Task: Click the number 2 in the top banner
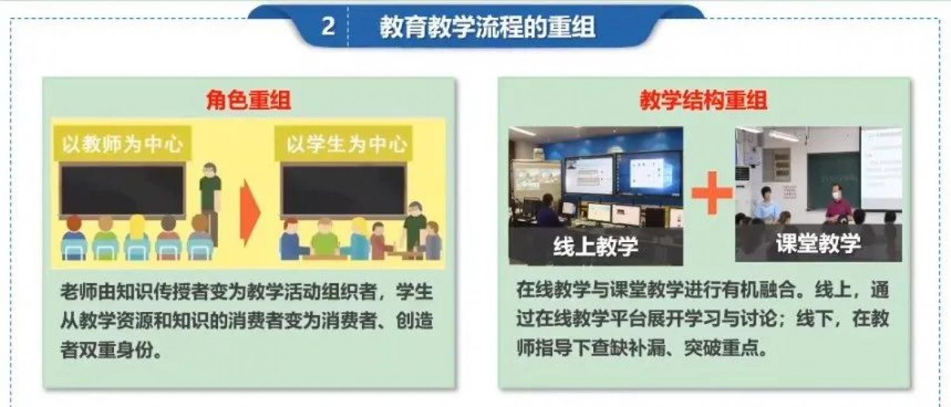pyautogui.click(x=328, y=27)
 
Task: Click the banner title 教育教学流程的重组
pyautogui.click(x=487, y=27)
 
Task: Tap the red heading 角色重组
pyautogui.click(x=249, y=101)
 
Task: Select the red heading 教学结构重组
pyautogui.click(x=704, y=101)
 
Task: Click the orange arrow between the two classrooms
pyautogui.click(x=250, y=212)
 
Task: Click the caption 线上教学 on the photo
pyautogui.click(x=596, y=246)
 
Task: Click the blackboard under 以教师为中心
pyautogui.click(x=123, y=190)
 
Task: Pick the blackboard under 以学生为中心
pyautogui.click(x=344, y=190)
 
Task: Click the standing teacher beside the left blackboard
pyautogui.click(x=210, y=200)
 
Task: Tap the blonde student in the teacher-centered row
pyautogui.click(x=137, y=237)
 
